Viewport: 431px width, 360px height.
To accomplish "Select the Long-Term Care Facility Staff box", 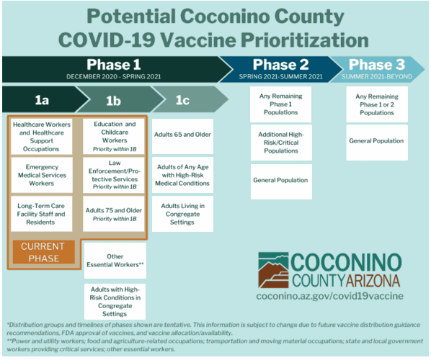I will pos(42,214).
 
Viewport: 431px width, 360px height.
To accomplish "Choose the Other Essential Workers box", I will pos(115,260).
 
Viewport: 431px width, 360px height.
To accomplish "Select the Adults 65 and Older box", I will pos(182,133).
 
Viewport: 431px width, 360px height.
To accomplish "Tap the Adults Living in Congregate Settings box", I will pos(182,214).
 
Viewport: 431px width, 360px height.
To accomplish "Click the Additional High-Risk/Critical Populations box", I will pos(281,142).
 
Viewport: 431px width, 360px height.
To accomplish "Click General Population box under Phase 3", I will pos(376,141).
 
